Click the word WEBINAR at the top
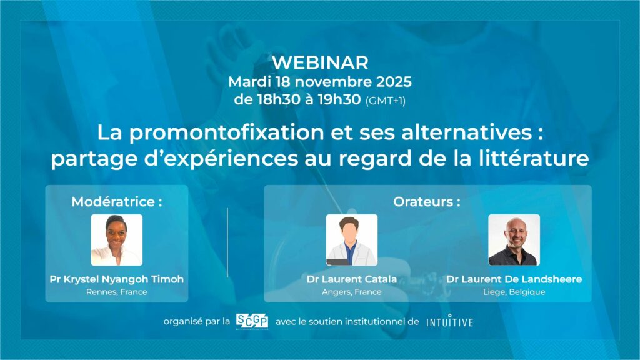coord(321,62)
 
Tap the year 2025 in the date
coord(394,82)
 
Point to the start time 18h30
coord(279,99)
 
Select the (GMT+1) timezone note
coord(385,101)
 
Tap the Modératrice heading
coord(117,202)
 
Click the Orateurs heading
coord(427,202)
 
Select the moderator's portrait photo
coord(117,240)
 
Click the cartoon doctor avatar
coord(352,240)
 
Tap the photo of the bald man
coord(514,240)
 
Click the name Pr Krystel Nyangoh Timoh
coord(117,279)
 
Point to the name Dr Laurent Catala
coord(352,279)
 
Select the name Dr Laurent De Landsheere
coord(514,279)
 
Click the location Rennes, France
coord(117,292)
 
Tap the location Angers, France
coord(352,292)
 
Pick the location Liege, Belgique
coord(514,292)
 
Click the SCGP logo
coord(252,322)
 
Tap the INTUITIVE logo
coord(450,322)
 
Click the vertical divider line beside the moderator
coord(227,243)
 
